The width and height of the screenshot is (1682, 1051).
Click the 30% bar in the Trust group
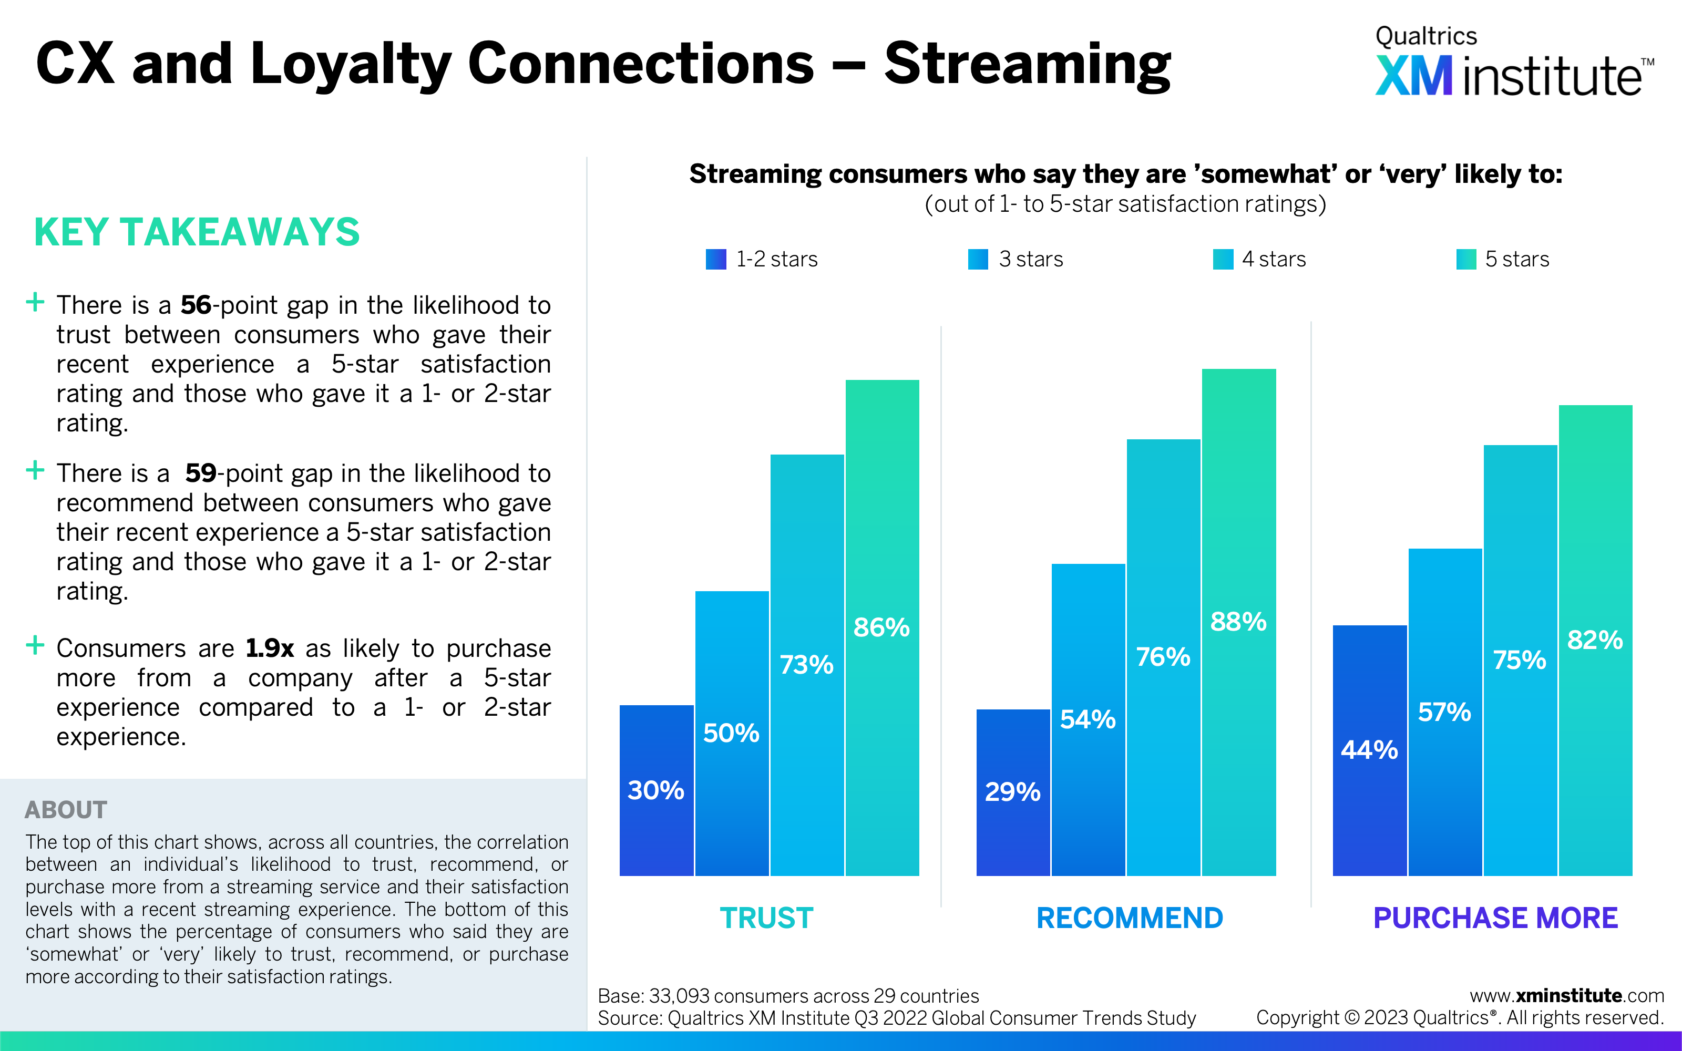tap(656, 790)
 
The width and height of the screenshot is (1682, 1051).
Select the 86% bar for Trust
tap(882, 627)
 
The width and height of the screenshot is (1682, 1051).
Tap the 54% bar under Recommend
tap(1088, 719)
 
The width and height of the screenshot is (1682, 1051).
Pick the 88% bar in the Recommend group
tap(1238, 622)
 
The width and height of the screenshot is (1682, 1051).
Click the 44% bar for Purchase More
tap(1369, 751)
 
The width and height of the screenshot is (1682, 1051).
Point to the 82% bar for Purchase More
tap(1595, 640)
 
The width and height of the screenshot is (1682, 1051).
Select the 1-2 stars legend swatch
tap(716, 259)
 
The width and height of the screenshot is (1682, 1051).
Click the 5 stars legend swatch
tap(1466, 259)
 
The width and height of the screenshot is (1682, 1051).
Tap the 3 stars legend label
tap(1031, 259)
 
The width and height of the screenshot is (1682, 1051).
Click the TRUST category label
tap(766, 918)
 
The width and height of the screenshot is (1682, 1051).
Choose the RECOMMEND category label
tap(1130, 918)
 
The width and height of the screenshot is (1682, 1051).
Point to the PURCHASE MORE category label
tap(1496, 918)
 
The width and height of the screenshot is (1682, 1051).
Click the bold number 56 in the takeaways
tap(196, 305)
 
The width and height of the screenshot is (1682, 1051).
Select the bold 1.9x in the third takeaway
tap(270, 648)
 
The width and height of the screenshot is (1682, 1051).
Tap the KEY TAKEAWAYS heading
tap(197, 232)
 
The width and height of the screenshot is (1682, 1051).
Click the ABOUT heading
tap(66, 810)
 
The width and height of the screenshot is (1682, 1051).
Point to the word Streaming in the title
tap(1027, 65)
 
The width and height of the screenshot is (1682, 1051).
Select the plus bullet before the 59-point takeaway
tap(35, 471)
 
